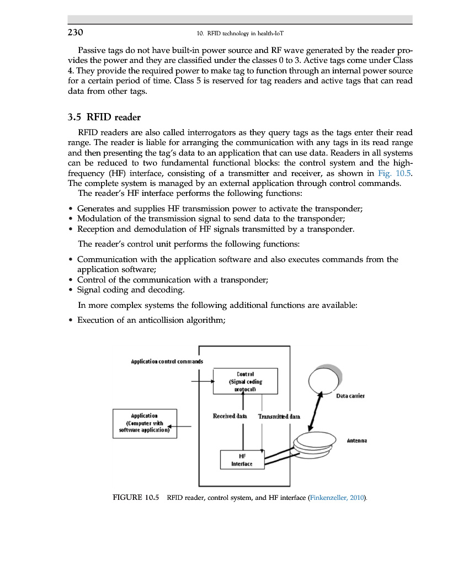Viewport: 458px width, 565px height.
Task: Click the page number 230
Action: (75, 33)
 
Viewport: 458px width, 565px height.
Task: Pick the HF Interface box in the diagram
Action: (242, 460)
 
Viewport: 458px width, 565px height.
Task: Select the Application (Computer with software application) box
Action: (145, 423)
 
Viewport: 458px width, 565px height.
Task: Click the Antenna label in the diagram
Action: (357, 441)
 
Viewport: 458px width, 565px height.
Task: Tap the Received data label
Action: (230, 415)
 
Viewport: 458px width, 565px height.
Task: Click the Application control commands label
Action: (167, 361)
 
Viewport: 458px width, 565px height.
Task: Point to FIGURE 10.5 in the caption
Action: (136, 498)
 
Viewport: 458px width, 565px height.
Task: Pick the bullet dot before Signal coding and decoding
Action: (71, 290)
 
